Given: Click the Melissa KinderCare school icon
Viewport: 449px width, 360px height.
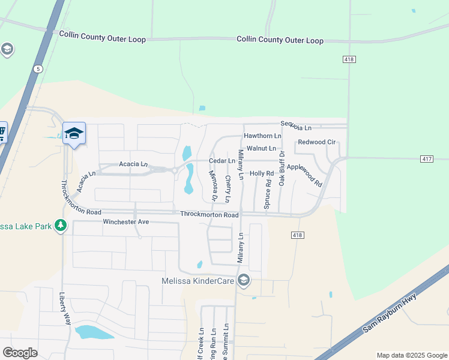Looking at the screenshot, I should tap(243, 281).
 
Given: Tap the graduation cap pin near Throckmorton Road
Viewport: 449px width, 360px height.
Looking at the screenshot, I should tap(74, 133).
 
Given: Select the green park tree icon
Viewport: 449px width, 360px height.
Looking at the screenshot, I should tap(61, 226).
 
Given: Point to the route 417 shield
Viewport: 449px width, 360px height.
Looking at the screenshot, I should tap(427, 159).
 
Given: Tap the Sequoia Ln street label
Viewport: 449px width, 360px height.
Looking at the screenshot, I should tap(297, 127).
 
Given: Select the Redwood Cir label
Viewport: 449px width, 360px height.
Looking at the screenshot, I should tap(316, 142).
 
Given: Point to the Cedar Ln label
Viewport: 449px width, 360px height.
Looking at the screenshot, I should tap(221, 161).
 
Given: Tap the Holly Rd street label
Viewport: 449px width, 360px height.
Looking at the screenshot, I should tap(262, 173).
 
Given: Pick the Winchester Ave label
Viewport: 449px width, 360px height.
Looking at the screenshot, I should tap(125, 222).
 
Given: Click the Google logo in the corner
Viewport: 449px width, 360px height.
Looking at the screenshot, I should tap(19, 353).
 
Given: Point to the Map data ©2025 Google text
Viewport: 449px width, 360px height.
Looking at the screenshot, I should tap(411, 355).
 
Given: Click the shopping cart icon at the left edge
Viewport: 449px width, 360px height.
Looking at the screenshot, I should tap(2, 132).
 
